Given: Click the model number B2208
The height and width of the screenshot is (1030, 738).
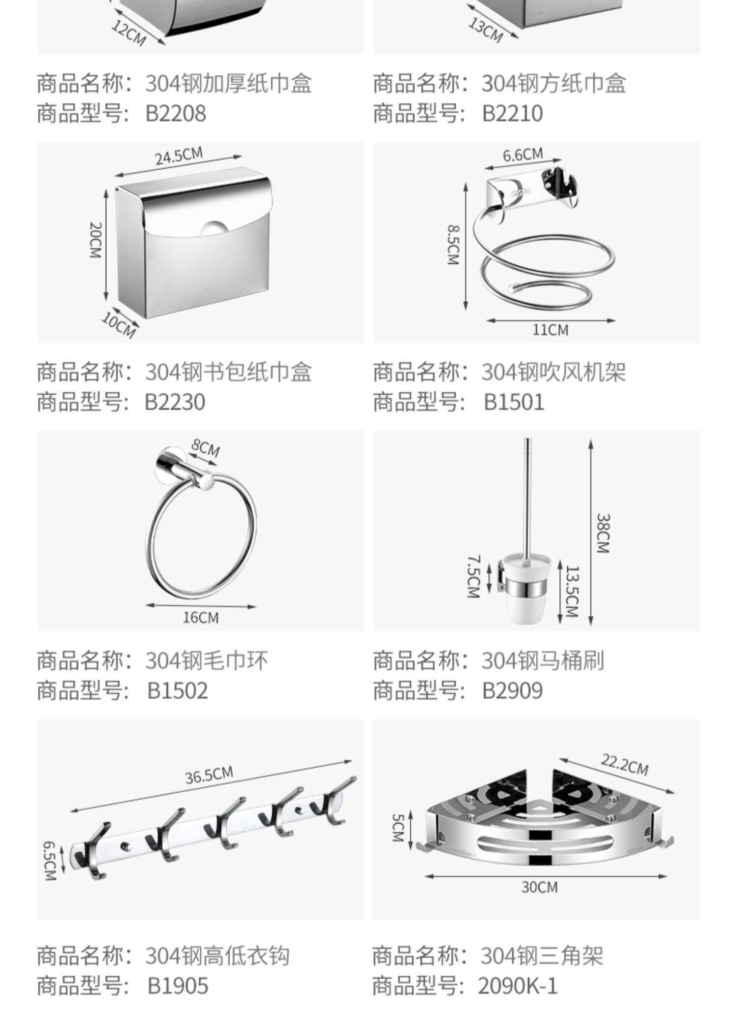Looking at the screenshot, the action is click(176, 113).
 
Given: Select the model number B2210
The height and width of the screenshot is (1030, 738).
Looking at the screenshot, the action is click(512, 113).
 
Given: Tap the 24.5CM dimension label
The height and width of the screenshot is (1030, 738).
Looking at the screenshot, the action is click(179, 156).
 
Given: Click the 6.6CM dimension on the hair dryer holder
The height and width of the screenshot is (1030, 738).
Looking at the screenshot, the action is click(523, 155).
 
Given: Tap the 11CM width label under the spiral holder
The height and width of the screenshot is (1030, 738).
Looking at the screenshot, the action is click(550, 330).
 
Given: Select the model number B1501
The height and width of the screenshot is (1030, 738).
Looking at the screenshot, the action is click(514, 402).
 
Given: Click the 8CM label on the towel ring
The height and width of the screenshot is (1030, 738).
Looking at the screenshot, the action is click(206, 448).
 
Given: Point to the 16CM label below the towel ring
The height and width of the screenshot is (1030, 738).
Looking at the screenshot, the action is click(200, 617).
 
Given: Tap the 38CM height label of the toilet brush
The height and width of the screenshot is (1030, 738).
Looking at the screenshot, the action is click(603, 533).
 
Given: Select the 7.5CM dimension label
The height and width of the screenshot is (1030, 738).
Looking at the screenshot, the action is click(473, 576).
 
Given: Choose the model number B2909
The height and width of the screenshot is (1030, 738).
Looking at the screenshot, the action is click(512, 690).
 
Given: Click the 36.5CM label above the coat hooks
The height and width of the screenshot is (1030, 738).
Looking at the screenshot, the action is click(209, 775).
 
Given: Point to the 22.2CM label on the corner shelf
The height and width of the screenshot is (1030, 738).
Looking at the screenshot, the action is click(624, 764).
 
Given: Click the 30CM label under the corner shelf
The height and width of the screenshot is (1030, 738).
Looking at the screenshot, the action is click(539, 887).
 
